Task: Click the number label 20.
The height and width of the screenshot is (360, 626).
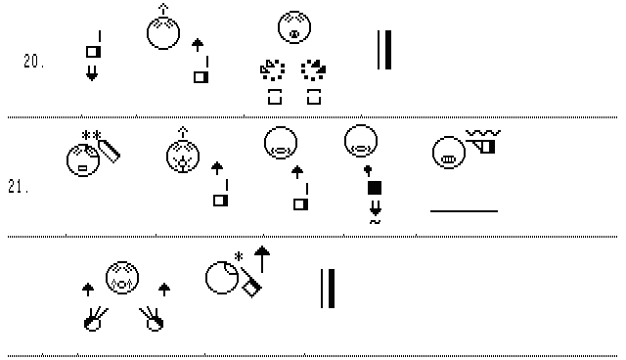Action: tap(33, 61)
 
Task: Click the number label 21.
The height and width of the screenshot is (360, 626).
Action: tap(18, 187)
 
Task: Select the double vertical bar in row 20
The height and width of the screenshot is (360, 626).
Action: tap(384, 50)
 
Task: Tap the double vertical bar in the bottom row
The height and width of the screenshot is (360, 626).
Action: tap(328, 289)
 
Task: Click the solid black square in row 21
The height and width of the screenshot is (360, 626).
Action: tap(375, 188)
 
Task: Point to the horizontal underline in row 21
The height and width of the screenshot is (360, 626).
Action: tap(464, 210)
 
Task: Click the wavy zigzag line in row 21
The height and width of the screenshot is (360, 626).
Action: tap(483, 133)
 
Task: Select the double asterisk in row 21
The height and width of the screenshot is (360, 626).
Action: tap(91, 135)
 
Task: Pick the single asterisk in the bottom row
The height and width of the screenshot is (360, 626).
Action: tap(239, 256)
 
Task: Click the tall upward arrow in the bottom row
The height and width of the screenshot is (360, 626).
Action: tap(262, 259)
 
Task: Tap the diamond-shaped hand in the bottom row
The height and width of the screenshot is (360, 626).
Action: tap(251, 283)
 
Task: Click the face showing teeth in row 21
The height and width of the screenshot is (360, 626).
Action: tap(449, 153)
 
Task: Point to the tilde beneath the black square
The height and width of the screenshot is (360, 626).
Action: tap(375, 222)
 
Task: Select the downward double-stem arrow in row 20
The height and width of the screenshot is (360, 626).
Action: tap(92, 73)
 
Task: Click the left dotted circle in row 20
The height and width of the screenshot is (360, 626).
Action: tap(273, 70)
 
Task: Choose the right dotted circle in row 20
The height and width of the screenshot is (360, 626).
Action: tap(314, 70)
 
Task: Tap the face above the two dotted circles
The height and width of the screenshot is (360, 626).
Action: tap(294, 27)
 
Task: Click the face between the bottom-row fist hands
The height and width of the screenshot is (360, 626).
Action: tap(122, 278)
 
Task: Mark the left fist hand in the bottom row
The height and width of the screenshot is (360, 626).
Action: tap(95, 319)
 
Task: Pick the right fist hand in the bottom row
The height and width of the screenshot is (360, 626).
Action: tap(153, 319)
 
